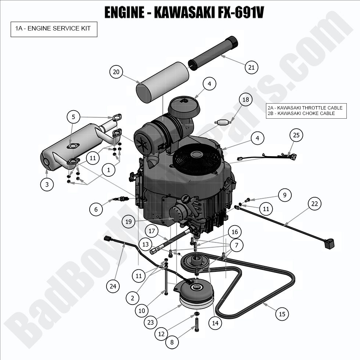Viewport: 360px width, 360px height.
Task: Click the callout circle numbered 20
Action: click(116, 72)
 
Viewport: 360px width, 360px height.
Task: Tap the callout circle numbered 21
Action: click(252, 67)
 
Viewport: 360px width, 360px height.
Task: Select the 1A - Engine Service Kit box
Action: click(54, 28)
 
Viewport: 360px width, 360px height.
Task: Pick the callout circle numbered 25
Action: click(296, 135)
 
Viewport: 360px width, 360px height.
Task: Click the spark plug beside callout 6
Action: click(122, 199)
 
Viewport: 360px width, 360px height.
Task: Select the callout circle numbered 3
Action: click(47, 184)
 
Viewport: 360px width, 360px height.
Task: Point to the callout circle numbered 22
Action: click(314, 204)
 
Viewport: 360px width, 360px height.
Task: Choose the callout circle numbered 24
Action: click(113, 286)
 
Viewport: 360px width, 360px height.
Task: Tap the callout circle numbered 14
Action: click(215, 323)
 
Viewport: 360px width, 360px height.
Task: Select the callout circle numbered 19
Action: click(128, 222)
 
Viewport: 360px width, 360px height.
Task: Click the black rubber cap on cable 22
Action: click(329, 243)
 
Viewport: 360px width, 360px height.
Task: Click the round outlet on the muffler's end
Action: click(46, 162)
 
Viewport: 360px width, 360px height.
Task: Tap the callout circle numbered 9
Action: click(284, 195)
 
